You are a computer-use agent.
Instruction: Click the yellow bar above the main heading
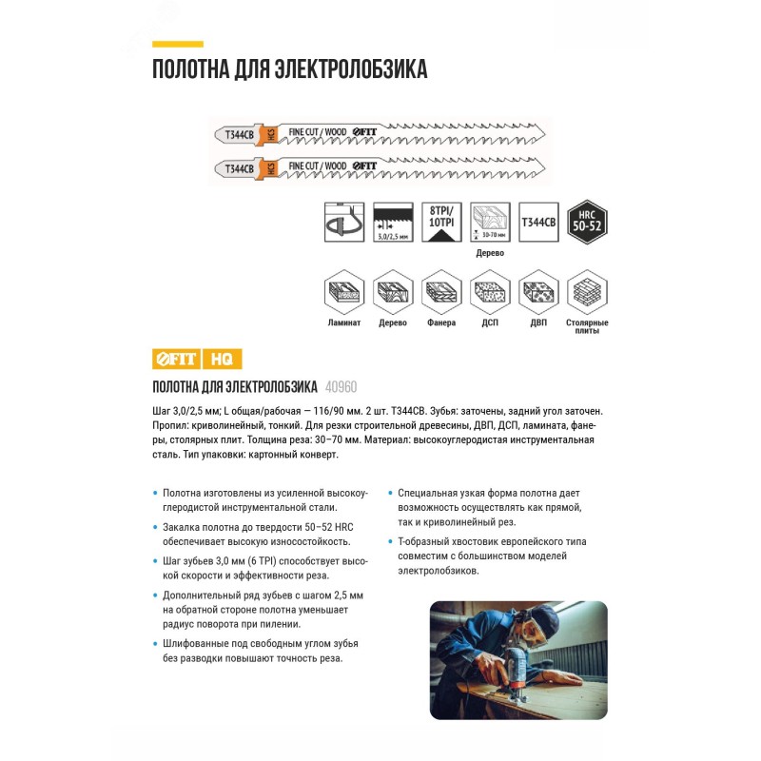(x=178, y=44)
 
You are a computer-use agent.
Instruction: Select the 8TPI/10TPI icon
(x=440, y=222)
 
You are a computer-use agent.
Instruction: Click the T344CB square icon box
(x=537, y=222)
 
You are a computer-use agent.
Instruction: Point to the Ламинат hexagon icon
(x=343, y=291)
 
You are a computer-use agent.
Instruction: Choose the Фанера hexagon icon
(x=440, y=291)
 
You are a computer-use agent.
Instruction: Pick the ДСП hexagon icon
(x=489, y=291)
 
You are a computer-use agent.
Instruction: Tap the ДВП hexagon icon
(x=537, y=291)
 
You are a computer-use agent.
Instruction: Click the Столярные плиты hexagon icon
(x=586, y=291)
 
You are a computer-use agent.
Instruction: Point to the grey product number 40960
(x=341, y=387)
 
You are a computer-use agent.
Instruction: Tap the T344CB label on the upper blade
(x=239, y=135)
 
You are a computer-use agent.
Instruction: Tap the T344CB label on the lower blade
(x=239, y=168)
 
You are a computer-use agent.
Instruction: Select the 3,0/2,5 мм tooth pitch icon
(x=392, y=222)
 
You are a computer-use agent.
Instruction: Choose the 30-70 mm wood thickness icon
(x=489, y=222)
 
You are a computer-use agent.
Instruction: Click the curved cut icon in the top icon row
(x=343, y=222)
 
